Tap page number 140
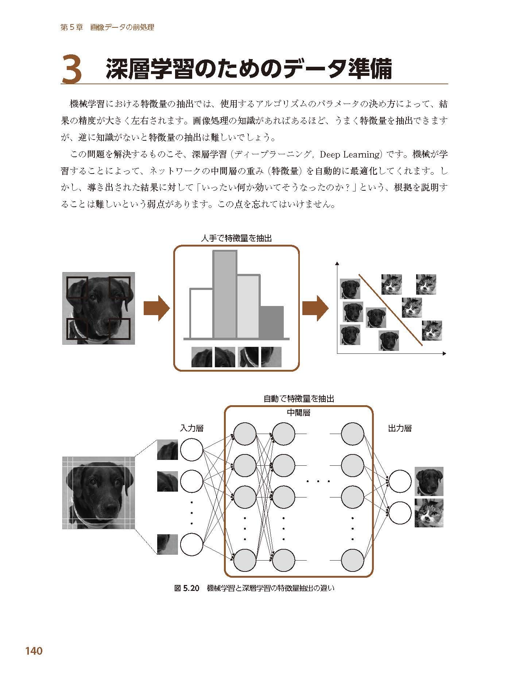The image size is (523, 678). tap(34, 651)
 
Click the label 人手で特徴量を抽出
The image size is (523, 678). tap(236, 239)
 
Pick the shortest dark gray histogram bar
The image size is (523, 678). tap(272, 322)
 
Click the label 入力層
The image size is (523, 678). tap(191, 428)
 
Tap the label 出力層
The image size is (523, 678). tap(400, 428)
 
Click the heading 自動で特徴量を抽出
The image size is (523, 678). tap(298, 399)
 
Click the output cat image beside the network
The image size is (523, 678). tap(429, 512)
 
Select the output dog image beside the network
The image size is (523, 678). tap(429, 481)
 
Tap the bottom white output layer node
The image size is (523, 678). tap(400, 512)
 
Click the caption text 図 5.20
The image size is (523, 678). tap(187, 588)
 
